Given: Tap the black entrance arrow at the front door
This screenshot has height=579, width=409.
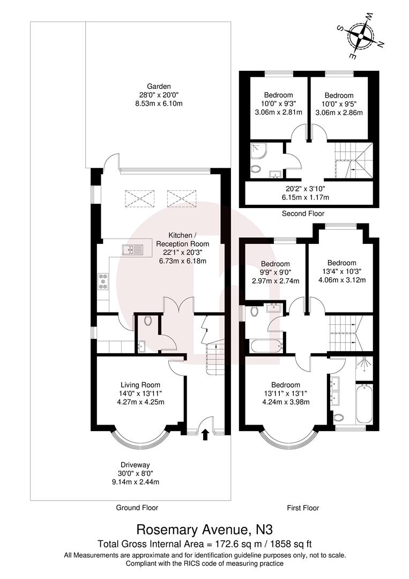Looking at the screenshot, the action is (206, 434).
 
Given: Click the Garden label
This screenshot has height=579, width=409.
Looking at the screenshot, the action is (159, 95).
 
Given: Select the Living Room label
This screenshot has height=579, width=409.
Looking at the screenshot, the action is (140, 394).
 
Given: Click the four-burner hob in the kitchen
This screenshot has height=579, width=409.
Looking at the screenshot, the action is (102, 281).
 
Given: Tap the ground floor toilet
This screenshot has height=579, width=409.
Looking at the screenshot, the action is (147, 321).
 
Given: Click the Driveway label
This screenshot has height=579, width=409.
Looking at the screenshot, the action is (135, 473).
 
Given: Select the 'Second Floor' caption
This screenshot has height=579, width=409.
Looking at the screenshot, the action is (303, 213).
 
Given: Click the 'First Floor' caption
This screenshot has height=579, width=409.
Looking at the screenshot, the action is (303, 508).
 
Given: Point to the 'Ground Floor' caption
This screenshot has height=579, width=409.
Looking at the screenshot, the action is (137, 508).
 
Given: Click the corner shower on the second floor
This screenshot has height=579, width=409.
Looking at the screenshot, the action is (258, 150).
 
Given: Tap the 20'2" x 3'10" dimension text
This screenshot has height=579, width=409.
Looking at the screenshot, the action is (305, 193).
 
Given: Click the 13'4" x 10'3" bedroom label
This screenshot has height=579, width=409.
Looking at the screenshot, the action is (342, 271).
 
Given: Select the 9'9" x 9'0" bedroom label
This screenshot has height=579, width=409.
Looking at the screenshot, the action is (276, 272).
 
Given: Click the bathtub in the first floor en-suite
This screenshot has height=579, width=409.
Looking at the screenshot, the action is (365, 404).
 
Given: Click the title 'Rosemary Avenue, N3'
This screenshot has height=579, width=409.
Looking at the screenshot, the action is (205, 530).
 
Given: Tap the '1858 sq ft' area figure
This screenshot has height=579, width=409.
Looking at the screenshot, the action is (291, 544).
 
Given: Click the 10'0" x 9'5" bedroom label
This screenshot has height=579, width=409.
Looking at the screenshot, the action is (339, 104).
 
